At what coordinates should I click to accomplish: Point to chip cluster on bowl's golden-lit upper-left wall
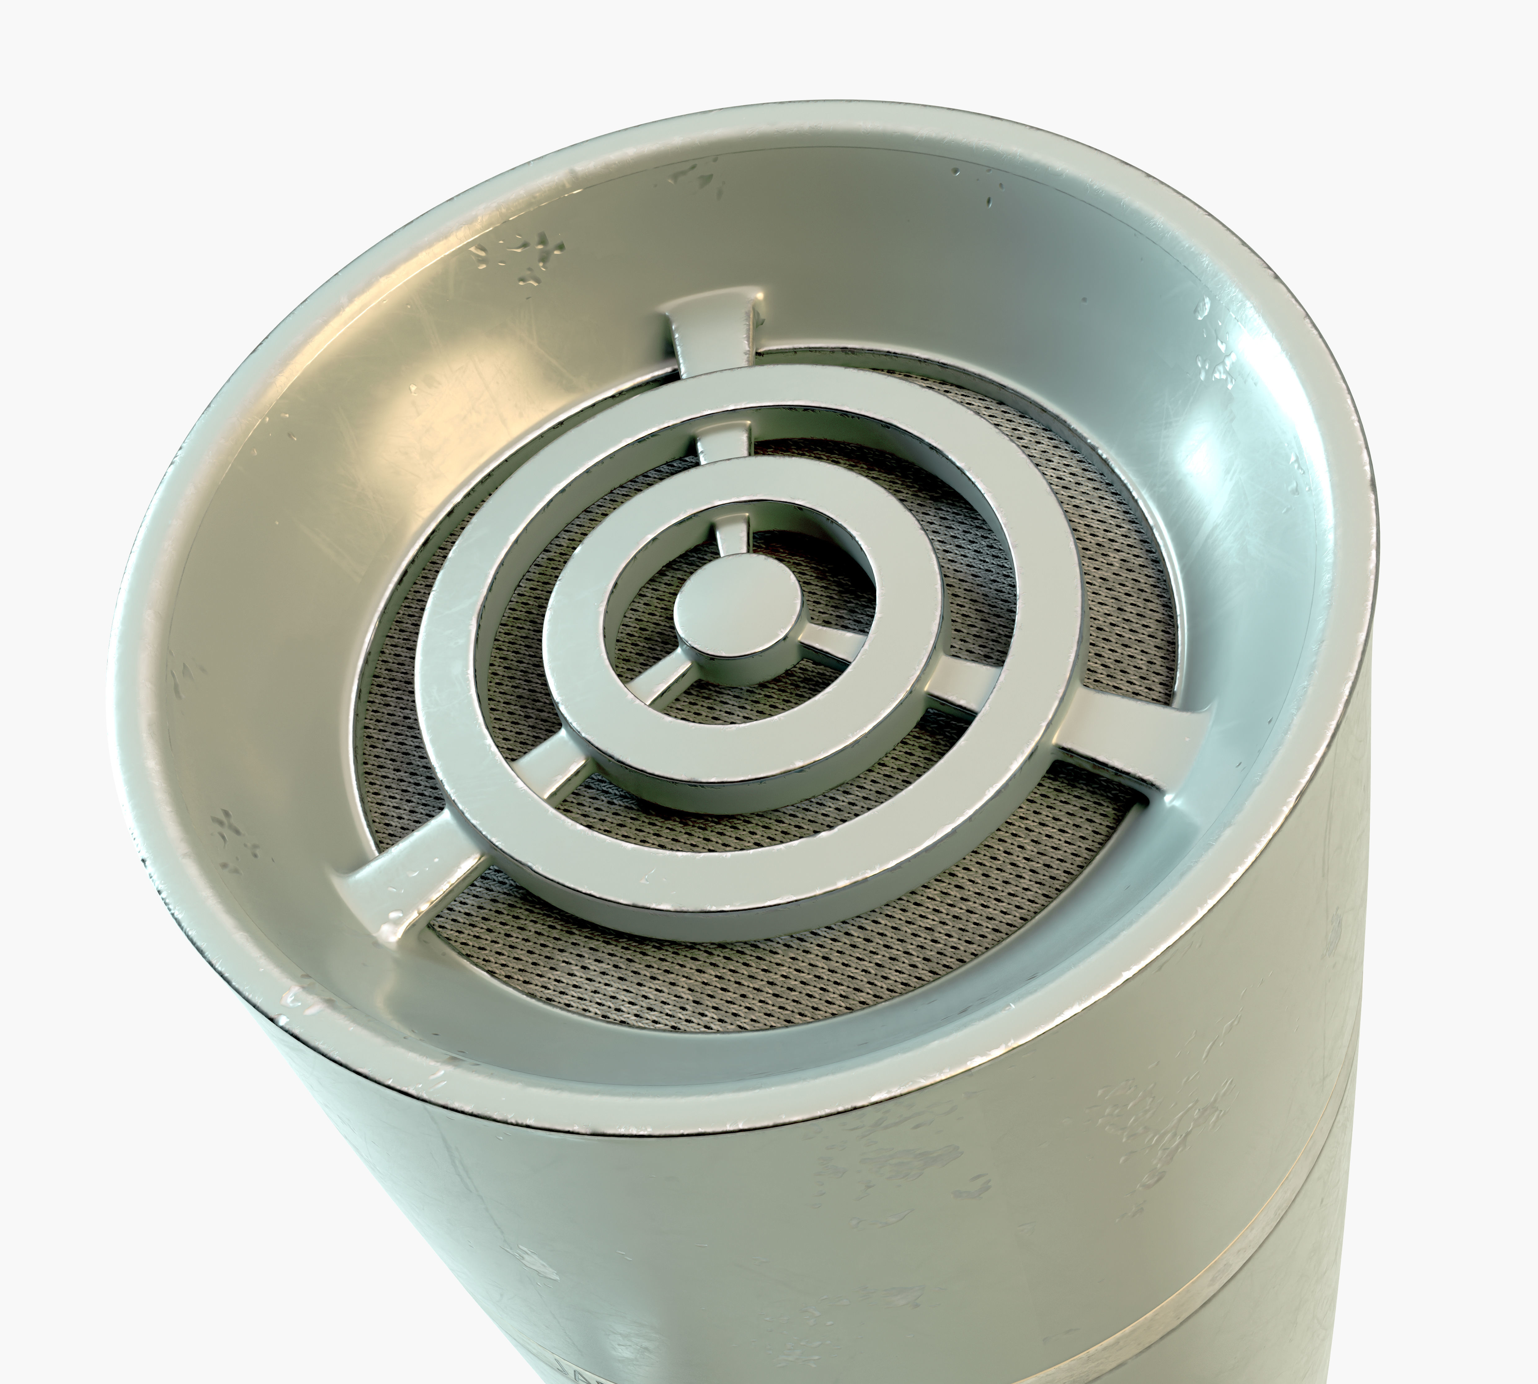tap(525, 259)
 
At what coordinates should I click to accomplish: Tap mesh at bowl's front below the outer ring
tap(685, 981)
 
